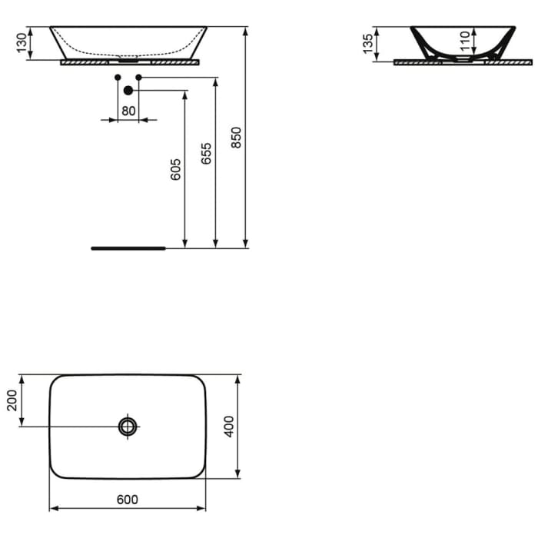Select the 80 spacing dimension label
(x=128, y=111)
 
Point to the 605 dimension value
(x=175, y=169)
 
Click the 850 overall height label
(x=237, y=138)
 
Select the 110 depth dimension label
(x=465, y=40)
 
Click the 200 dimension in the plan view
(x=12, y=400)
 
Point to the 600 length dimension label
(x=128, y=500)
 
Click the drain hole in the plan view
(x=128, y=425)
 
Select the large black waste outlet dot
(x=128, y=91)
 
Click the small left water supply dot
(x=117, y=78)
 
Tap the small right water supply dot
(x=139, y=78)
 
